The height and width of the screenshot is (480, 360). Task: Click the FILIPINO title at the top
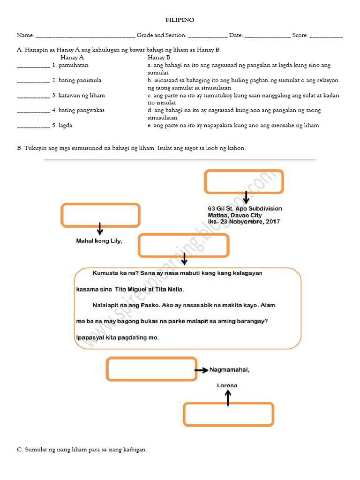point(180,20)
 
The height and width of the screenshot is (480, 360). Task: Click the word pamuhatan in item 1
point(73,65)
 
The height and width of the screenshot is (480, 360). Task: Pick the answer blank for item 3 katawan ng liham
point(33,96)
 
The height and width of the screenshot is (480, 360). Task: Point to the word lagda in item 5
point(65,125)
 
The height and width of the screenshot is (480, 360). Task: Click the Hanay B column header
point(159,57)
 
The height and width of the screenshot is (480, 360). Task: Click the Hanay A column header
point(72,57)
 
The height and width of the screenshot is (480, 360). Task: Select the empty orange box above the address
point(244,181)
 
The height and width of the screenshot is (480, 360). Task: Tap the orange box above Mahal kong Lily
point(100,215)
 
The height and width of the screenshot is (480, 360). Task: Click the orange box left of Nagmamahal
point(151,369)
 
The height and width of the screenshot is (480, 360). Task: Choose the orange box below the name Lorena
point(228,414)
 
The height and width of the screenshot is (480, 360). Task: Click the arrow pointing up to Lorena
point(228,398)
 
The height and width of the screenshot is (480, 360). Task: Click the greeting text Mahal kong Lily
point(99,241)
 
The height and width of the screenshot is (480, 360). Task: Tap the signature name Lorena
point(227,385)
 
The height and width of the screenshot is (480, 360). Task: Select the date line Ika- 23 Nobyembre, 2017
point(244,222)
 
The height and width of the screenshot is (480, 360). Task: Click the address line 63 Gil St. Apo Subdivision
point(245,209)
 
